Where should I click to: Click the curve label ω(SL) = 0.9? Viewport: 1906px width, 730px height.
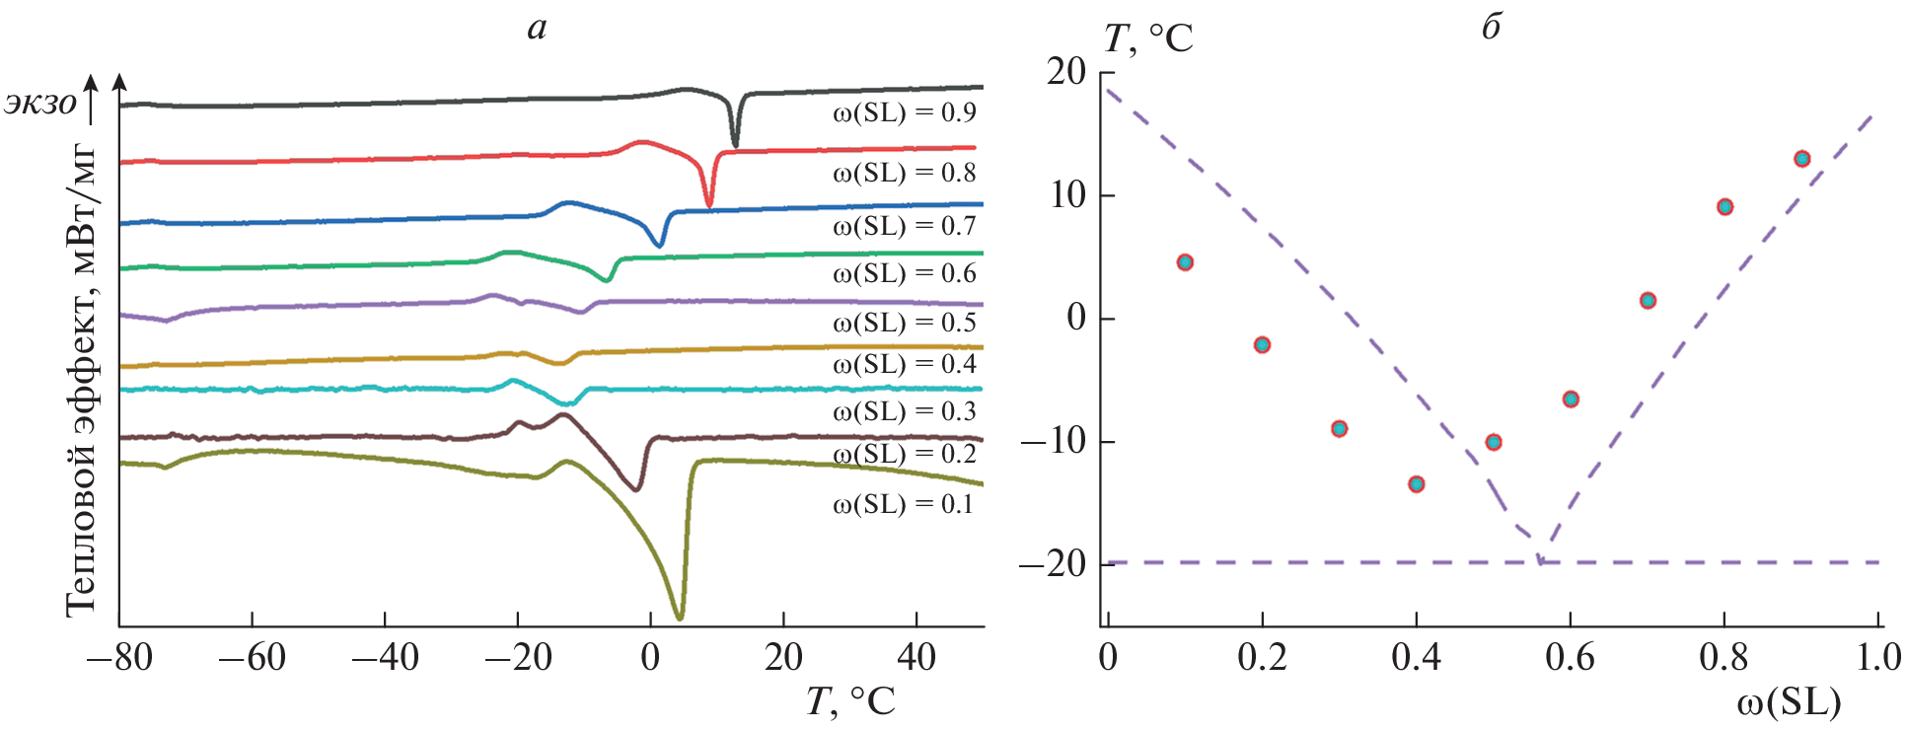[x=904, y=112]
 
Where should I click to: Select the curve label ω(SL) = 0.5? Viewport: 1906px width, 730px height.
[x=904, y=323]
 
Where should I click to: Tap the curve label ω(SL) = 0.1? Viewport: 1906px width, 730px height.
[x=903, y=504]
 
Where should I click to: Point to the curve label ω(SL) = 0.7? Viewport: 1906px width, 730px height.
[x=904, y=226]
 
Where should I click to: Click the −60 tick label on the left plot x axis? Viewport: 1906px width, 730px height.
[x=252, y=657]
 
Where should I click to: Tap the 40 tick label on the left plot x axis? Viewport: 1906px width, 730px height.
[x=916, y=657]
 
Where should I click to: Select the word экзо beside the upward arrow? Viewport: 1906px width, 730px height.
[x=40, y=103]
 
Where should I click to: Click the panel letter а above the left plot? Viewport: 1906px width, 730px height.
[x=537, y=27]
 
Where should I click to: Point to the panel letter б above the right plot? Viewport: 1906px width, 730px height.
[x=1491, y=27]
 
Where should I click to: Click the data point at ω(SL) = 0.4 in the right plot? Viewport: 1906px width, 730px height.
[x=1417, y=483]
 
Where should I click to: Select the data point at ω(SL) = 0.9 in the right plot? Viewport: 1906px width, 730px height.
[x=1802, y=159]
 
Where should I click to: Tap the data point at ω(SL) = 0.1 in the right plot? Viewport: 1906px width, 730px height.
[x=1185, y=262]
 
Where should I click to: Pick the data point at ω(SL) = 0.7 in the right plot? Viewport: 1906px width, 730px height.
[x=1648, y=301]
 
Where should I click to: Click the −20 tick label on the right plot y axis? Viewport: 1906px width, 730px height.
[x=1052, y=563]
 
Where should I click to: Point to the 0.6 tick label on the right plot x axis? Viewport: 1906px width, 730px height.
[x=1570, y=657]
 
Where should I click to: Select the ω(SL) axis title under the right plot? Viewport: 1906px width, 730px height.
[x=1788, y=702]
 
